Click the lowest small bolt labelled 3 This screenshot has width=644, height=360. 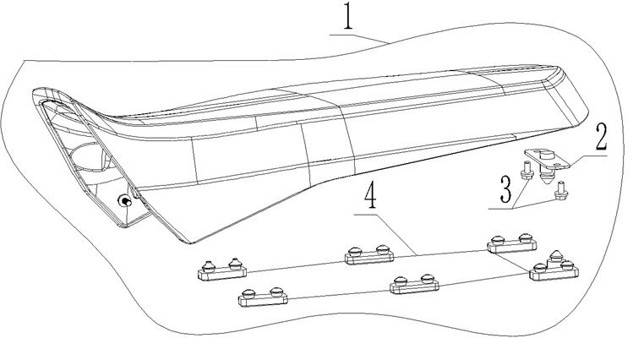[558, 195]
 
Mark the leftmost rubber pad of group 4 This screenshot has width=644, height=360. [222, 268]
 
